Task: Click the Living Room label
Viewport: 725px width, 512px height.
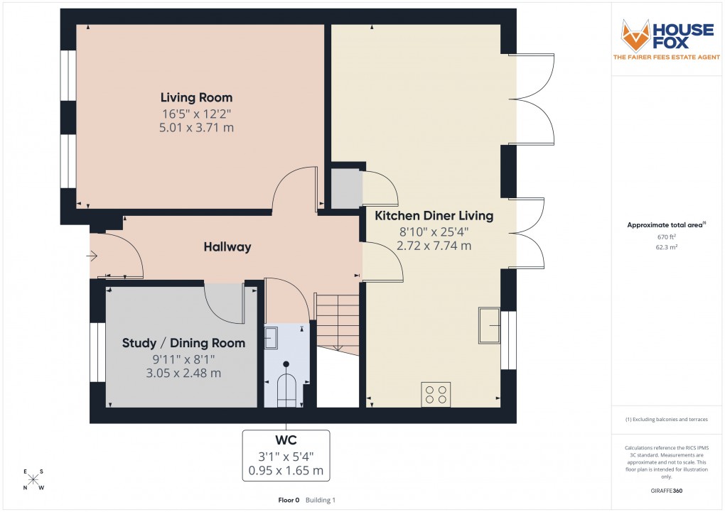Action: [196, 97]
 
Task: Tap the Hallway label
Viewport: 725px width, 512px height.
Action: [227, 247]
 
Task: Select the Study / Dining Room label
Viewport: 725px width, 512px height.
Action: [183, 343]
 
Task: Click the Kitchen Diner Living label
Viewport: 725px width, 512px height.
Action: [434, 215]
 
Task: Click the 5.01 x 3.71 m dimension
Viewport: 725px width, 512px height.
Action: [196, 128]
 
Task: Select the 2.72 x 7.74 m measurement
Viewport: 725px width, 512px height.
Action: [434, 246]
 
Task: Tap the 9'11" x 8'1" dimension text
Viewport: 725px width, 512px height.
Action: [183, 359]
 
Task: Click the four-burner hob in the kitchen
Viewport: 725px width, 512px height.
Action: [436, 394]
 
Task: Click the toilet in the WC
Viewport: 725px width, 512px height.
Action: [286, 387]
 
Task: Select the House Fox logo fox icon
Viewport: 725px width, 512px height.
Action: [637, 36]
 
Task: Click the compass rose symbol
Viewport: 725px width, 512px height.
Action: [33, 479]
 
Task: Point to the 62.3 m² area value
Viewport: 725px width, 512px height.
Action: [666, 247]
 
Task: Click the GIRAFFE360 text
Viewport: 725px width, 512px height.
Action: [667, 490]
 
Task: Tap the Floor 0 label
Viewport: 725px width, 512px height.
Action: [289, 500]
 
